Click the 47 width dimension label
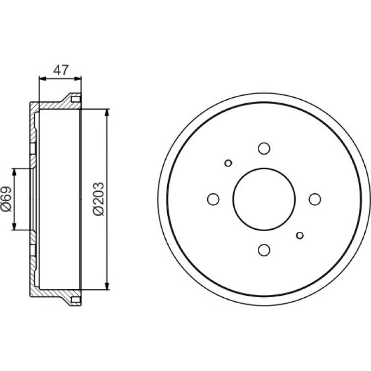tap(61, 70)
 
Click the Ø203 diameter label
tap(98, 199)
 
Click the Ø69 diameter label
tap(6, 199)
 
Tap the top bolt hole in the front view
tap(264, 148)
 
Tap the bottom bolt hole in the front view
tap(264, 250)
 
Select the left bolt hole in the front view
tap(213, 199)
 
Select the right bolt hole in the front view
tap(315, 199)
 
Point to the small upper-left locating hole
tap(228, 163)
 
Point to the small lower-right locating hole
tap(300, 236)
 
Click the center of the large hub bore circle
tap(264, 199)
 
